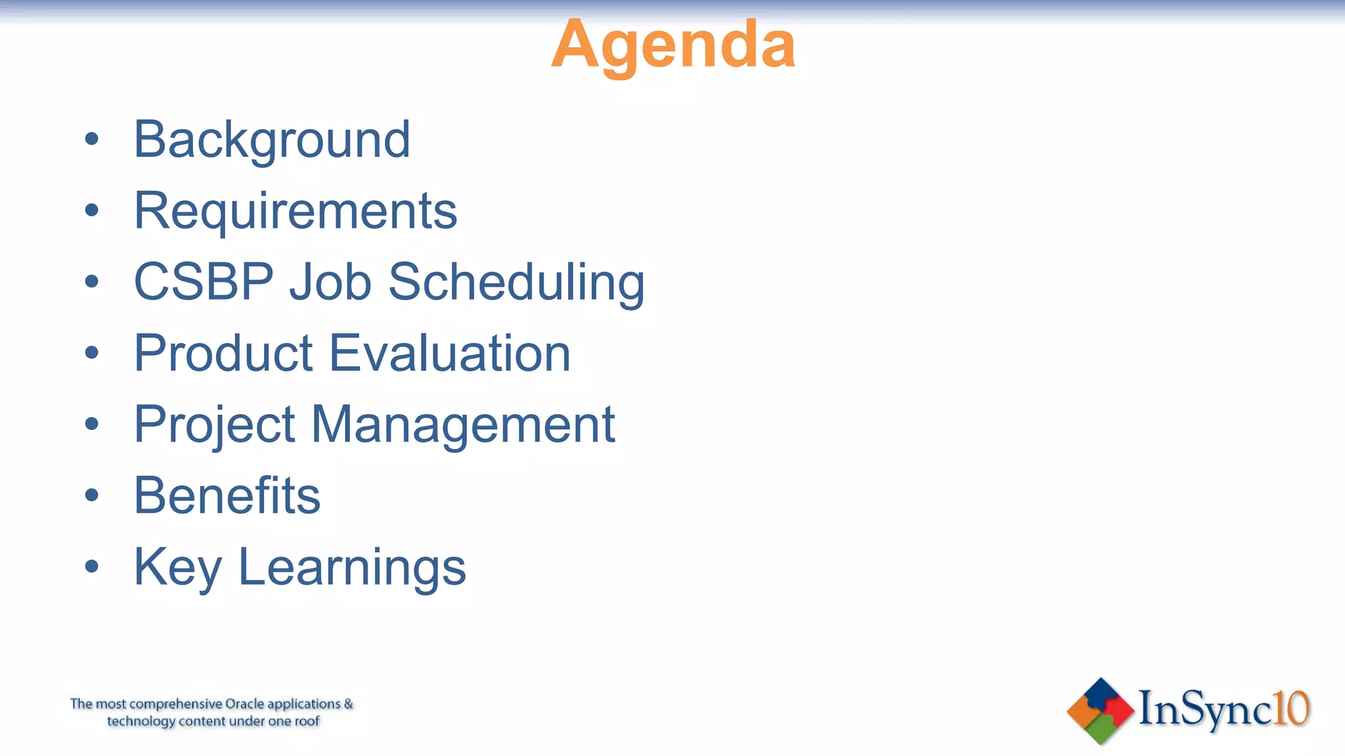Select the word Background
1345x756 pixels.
click(x=272, y=140)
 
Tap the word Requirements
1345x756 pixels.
click(x=296, y=211)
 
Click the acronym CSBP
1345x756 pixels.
click(x=204, y=282)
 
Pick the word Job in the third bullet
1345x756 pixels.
click(x=330, y=282)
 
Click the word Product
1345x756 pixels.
click(x=223, y=353)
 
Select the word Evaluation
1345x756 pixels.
click(x=450, y=353)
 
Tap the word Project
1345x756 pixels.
click(x=215, y=425)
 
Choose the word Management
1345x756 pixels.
click(x=463, y=425)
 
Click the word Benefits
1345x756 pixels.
click(x=227, y=495)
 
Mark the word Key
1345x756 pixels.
click(x=177, y=567)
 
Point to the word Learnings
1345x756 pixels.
click(x=352, y=567)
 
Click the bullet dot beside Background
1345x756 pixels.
click(x=92, y=139)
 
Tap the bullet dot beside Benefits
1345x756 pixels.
click(x=92, y=495)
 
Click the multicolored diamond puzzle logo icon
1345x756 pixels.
click(x=1100, y=711)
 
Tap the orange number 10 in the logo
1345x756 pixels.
click(x=1291, y=709)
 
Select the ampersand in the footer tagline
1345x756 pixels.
click(x=348, y=703)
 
